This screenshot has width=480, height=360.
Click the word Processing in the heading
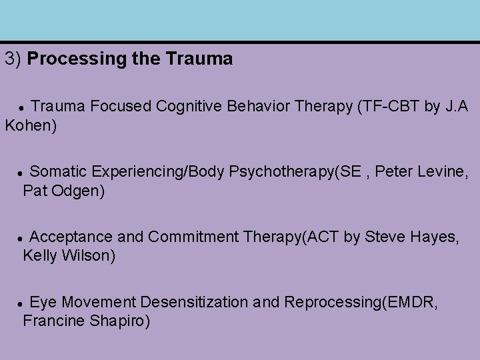pos(69,59)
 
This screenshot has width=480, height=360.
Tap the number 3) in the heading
pos(14,59)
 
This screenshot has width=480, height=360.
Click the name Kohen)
pos(31,125)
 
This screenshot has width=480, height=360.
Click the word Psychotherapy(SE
pos(285,172)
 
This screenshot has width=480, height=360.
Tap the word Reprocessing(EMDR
pos(361,303)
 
